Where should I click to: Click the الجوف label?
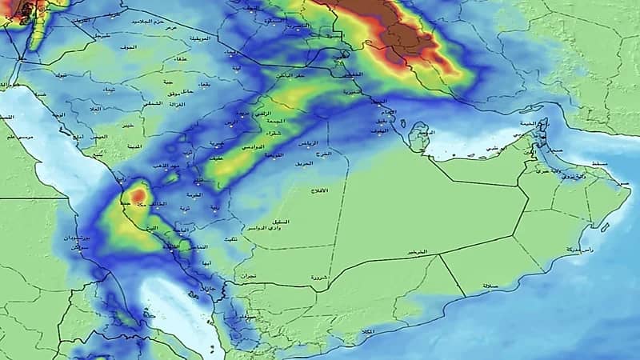click(129, 48)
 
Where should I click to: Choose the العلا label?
click(94, 108)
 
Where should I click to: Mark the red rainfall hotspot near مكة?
click(138, 194)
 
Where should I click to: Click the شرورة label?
click(314, 278)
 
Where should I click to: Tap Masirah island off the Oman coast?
click(606, 226)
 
